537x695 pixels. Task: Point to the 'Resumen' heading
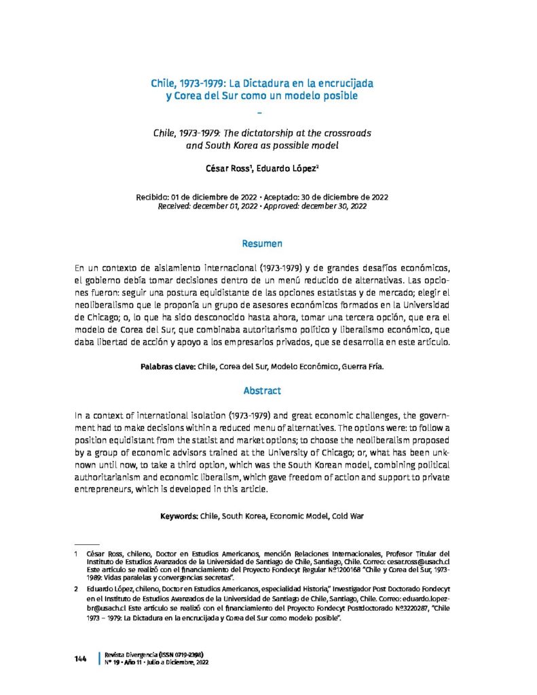(262, 243)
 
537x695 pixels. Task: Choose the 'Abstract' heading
(262, 391)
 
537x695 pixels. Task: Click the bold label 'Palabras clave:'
(168, 367)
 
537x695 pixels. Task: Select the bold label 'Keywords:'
(179, 516)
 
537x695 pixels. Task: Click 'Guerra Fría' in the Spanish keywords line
(360, 367)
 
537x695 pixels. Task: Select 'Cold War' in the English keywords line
(348, 516)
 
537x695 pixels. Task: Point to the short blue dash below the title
(261, 113)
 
